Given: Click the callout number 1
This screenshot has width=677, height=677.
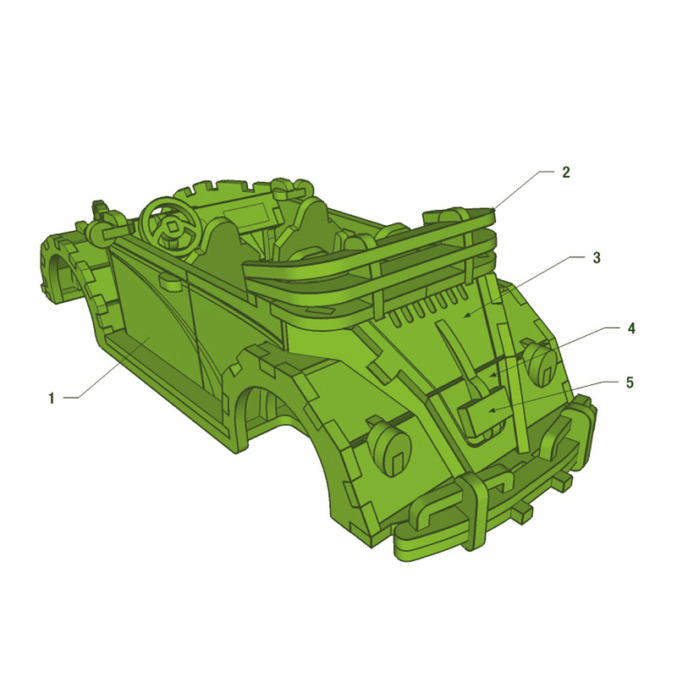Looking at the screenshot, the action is (52, 398).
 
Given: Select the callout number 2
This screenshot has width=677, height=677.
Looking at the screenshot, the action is (565, 173).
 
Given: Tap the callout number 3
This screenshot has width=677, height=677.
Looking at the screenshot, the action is (597, 258).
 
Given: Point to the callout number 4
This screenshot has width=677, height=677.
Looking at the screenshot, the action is (631, 328).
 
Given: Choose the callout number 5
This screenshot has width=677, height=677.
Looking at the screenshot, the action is (630, 383).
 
